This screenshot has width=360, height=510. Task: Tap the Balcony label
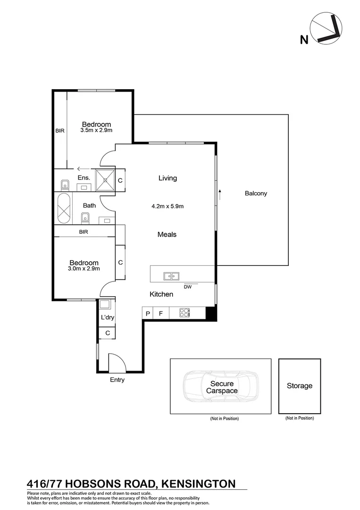[256, 193]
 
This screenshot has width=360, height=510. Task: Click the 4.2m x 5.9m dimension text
[167, 206]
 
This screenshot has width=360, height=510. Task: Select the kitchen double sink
[171, 275]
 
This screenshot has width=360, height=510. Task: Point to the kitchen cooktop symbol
[184, 313]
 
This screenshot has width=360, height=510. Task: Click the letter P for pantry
[148, 313]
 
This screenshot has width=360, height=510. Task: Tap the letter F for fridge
[161, 313]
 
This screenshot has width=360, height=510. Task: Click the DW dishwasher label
[188, 287]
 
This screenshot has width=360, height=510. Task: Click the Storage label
[300, 386]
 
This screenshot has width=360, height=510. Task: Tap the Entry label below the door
[117, 380]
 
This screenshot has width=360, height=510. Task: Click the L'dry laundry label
[108, 317]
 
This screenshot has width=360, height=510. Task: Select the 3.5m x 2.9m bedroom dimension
[96, 130]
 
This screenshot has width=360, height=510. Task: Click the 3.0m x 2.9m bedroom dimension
[84, 269]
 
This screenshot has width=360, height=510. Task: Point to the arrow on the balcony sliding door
[220, 192]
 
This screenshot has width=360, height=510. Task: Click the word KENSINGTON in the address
[198, 483]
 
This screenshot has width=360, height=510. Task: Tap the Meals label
[167, 234]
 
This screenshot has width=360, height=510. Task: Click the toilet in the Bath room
[85, 217]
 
